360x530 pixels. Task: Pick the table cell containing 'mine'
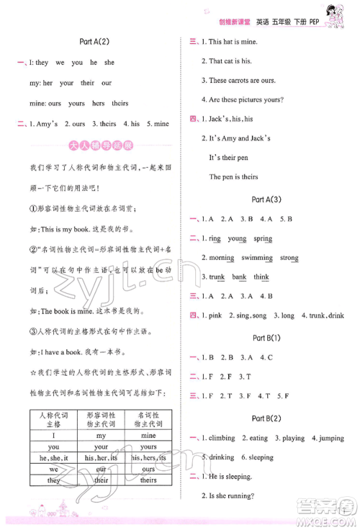pos(148,436)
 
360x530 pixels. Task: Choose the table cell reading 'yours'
pos(148,446)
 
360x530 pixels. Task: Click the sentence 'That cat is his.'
pos(226,61)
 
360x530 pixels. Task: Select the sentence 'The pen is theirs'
pos(233,176)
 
